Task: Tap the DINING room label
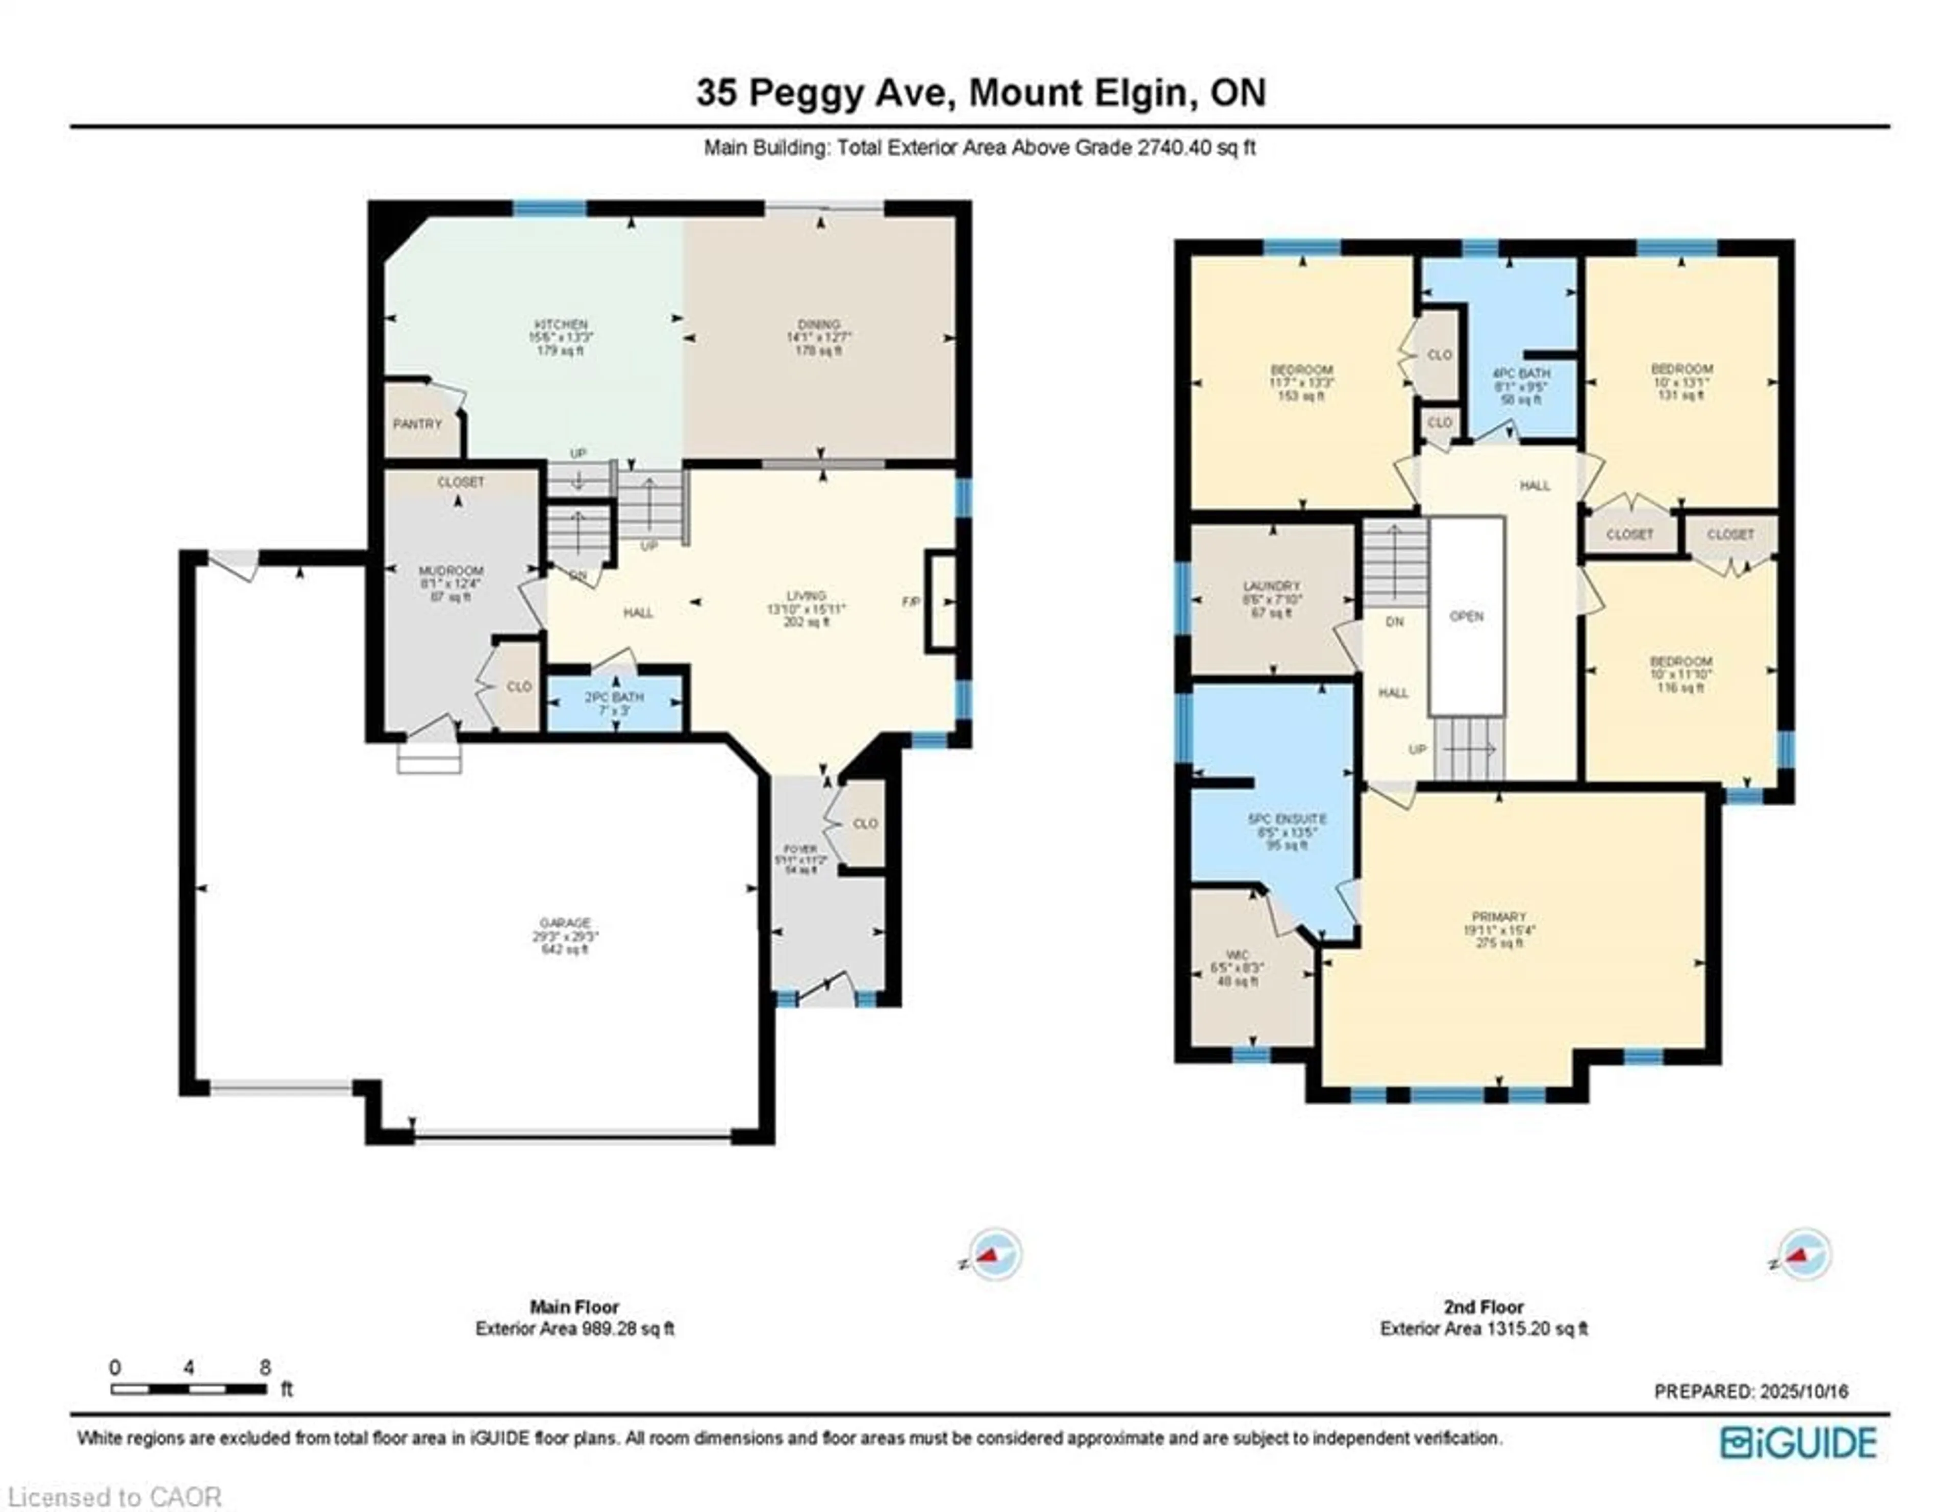click(818, 324)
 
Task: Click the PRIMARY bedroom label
click(1499, 917)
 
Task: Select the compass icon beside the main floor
click(992, 1254)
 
